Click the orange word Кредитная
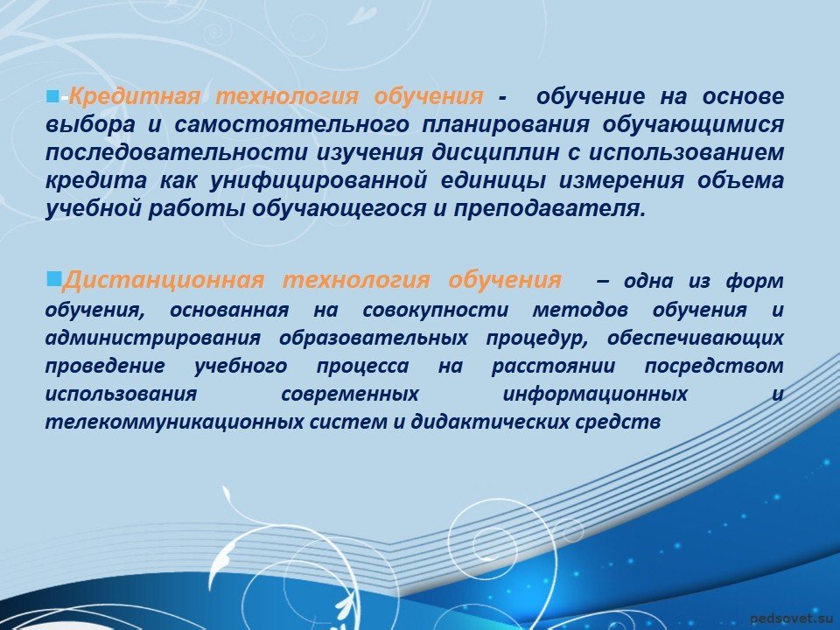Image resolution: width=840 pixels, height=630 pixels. (x=135, y=96)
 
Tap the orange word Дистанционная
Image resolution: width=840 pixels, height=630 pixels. (x=164, y=280)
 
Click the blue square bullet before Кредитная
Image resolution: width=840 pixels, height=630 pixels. (x=52, y=96)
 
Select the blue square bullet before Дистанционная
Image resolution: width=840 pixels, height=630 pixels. (x=53, y=278)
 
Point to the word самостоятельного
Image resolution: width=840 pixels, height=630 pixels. (x=292, y=124)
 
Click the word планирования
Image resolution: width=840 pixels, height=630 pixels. (x=506, y=125)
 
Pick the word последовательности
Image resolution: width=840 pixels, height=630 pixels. (x=176, y=152)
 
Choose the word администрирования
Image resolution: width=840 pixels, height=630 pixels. (x=153, y=338)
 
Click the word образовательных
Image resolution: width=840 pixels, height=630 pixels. (x=374, y=338)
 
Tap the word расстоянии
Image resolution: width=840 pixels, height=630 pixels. (x=553, y=366)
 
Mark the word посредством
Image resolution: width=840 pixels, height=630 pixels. (x=714, y=366)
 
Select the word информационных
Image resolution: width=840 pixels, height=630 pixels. (x=595, y=395)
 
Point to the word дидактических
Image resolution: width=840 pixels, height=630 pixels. (x=490, y=422)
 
